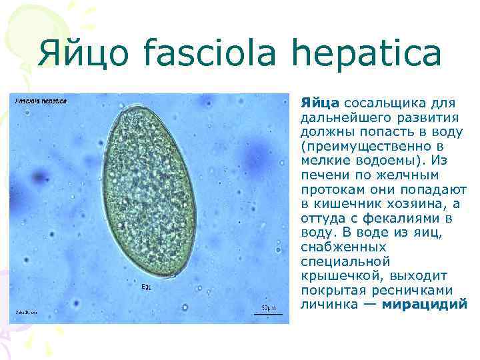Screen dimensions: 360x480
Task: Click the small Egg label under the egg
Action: click(x=146, y=287)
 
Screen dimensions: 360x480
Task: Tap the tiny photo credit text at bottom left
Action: click(x=27, y=312)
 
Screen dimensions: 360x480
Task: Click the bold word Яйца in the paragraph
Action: click(x=320, y=102)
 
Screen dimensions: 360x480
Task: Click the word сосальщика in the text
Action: click(x=385, y=102)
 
